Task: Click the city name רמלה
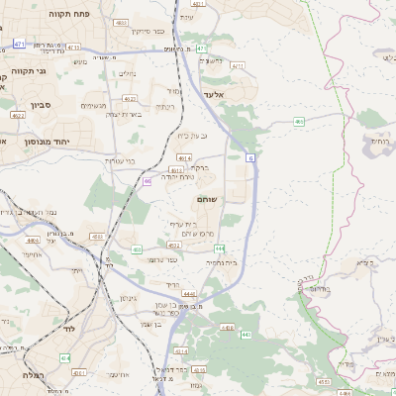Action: click(x=29, y=375)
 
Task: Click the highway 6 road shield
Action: click(x=250, y=157)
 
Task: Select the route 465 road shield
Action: click(x=299, y=122)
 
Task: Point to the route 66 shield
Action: click(x=148, y=181)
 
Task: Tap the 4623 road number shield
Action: click(x=130, y=99)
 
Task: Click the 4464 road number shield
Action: click(x=35, y=241)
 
